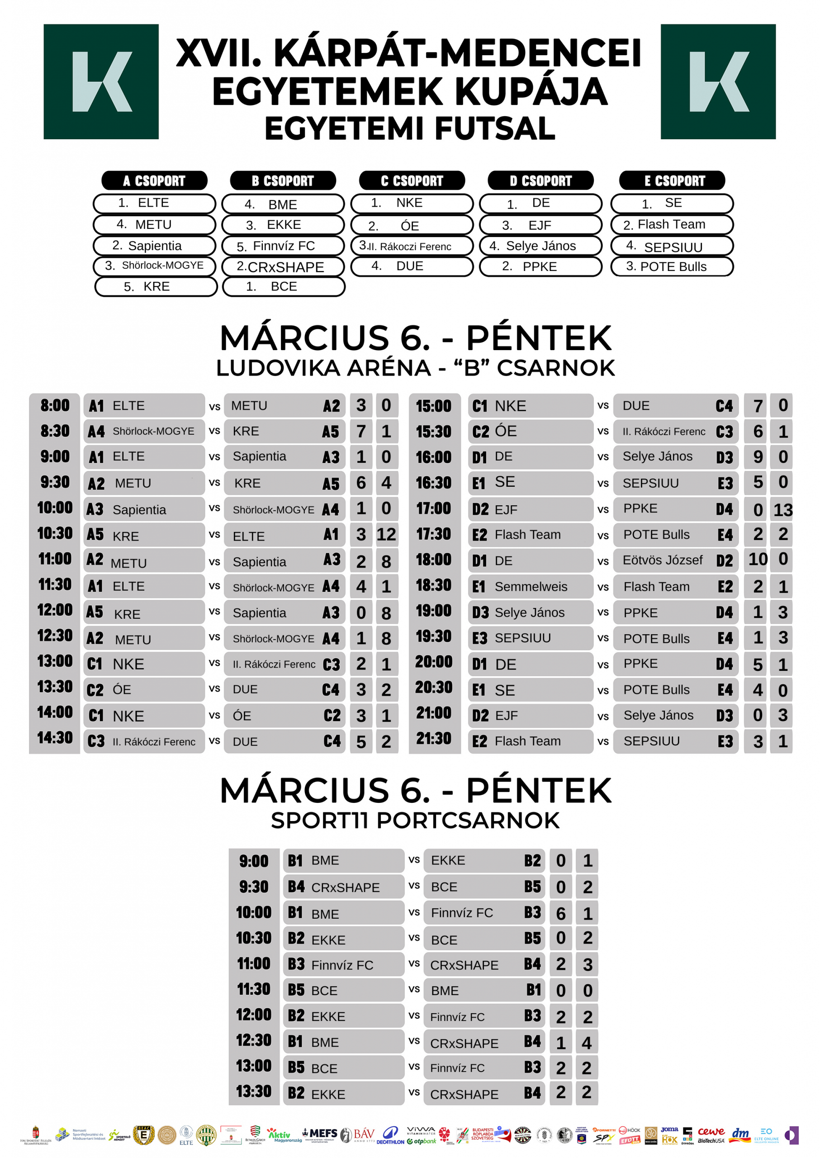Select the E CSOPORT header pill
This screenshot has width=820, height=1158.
click(x=672, y=180)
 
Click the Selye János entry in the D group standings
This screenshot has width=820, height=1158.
click(x=540, y=246)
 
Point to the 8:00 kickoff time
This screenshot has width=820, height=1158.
click(x=55, y=406)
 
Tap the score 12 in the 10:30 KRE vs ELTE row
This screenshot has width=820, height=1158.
click(x=386, y=534)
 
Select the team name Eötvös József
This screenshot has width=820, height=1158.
click(x=662, y=560)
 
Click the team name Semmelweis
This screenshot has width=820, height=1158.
click(x=531, y=586)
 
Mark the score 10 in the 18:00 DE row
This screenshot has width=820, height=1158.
click(x=758, y=560)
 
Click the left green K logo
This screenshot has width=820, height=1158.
click(x=101, y=81)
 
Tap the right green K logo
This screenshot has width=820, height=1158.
click(x=717, y=81)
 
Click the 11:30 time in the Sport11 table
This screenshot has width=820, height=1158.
click(x=253, y=989)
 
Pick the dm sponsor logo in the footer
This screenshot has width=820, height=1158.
click(x=740, y=1134)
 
